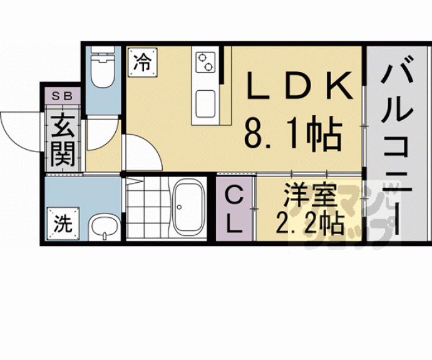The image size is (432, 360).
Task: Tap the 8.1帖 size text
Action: (x=292, y=133)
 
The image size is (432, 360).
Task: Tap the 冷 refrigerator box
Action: (x=143, y=63)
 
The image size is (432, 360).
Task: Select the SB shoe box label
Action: (x=61, y=96)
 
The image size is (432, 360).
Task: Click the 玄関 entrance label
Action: (x=63, y=140)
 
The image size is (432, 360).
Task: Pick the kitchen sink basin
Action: (x=205, y=103)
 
